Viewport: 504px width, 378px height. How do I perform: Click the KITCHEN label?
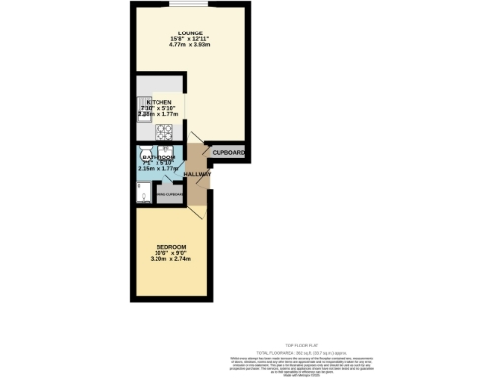pos(159,102)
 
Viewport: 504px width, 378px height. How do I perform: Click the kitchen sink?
pos(142,105)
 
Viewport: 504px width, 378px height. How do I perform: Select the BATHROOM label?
pos(158,157)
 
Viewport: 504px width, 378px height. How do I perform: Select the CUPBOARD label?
pos(228,153)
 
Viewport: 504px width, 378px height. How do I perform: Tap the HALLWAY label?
pos(197,174)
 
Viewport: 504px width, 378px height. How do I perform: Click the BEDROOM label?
pos(170,246)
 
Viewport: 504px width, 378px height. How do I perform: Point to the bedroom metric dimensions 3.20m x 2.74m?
pos(170,258)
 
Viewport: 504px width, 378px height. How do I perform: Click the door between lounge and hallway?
pos(197,140)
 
